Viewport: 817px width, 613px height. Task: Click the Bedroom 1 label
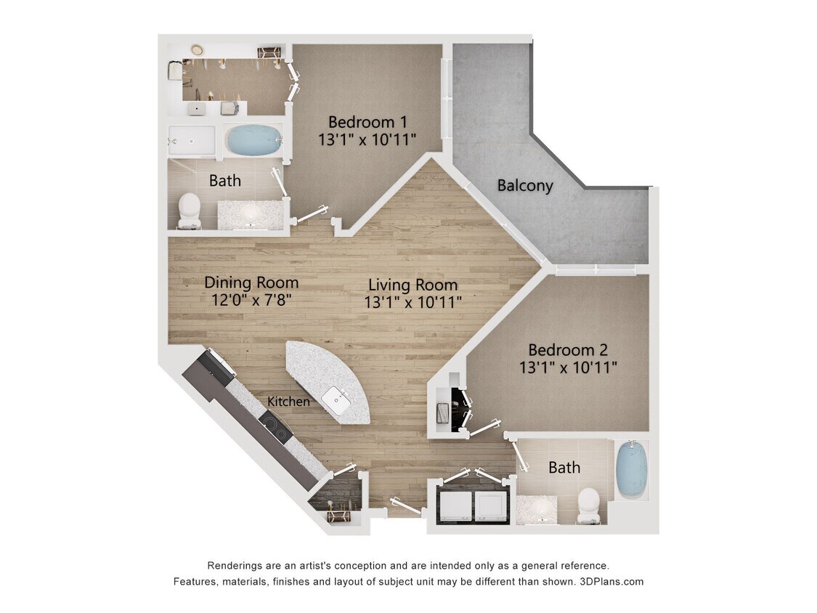pos(367,121)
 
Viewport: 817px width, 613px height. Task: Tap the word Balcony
pos(524,185)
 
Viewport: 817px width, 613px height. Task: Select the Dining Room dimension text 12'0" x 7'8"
pos(251,300)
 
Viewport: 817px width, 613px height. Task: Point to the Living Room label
pos(412,285)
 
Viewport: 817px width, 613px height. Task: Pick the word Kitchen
pos(288,402)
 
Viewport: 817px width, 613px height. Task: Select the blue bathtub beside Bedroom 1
pos(252,139)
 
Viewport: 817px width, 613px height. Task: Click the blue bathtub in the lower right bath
pos(631,468)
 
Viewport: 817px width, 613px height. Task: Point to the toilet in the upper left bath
pos(189,210)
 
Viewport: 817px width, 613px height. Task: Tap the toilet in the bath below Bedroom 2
pos(588,505)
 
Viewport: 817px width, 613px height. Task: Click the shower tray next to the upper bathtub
pos(192,141)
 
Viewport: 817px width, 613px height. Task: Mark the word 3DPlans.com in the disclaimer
pos(611,582)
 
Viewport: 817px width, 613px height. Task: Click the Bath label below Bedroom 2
pos(564,468)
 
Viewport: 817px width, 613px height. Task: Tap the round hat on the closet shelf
pos(196,49)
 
